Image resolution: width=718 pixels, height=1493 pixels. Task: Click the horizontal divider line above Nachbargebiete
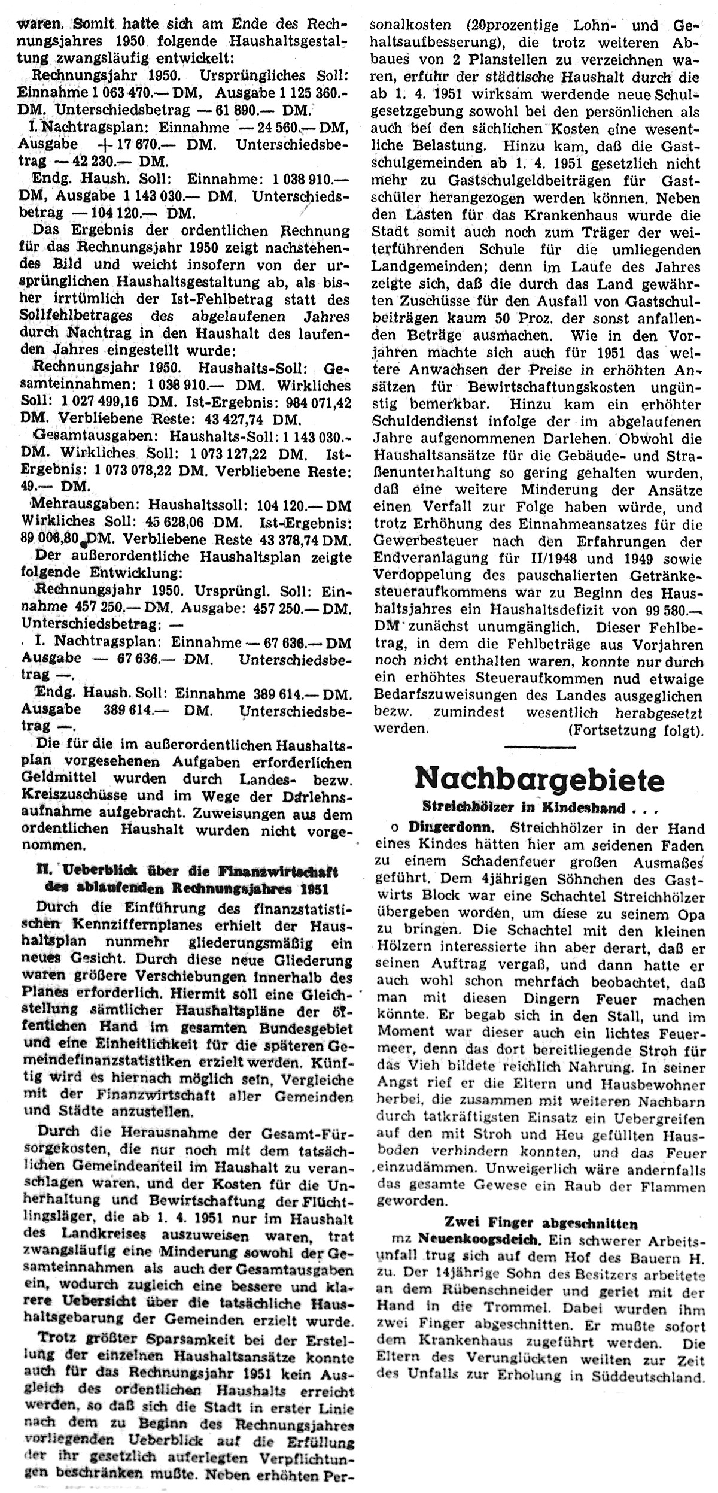[540, 747]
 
